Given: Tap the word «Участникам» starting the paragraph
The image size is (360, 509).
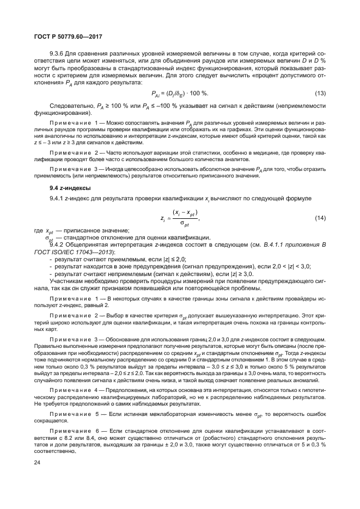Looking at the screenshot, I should (68, 280).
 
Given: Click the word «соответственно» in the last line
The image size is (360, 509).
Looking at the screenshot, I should (53, 451).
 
